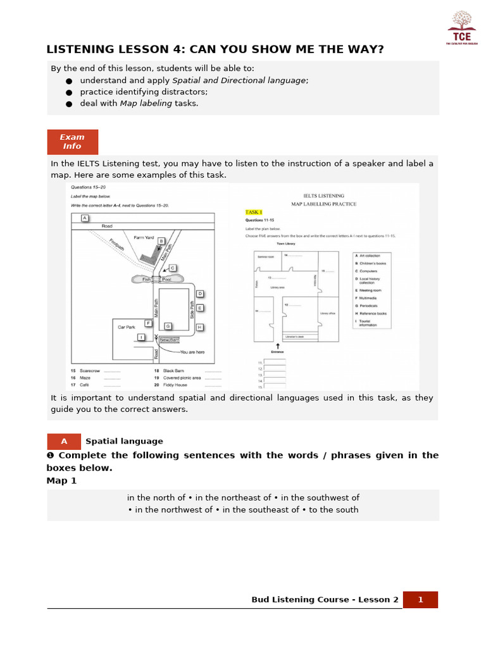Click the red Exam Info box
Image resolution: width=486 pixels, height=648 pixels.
click(72, 142)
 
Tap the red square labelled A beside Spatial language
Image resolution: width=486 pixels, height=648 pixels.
click(64, 442)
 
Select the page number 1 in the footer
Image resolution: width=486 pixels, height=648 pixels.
click(420, 600)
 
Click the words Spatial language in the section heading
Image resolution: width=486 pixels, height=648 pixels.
click(124, 442)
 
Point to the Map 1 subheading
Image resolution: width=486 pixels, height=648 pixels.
click(61, 481)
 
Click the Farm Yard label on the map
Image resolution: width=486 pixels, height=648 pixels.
click(144, 238)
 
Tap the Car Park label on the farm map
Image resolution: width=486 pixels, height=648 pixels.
click(127, 327)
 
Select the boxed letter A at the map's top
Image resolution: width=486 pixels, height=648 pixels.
click(84, 218)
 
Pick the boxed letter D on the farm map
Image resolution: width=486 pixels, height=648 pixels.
click(199, 294)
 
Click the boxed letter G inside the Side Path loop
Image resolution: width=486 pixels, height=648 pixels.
click(168, 326)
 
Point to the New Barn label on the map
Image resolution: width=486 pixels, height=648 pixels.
click(170, 340)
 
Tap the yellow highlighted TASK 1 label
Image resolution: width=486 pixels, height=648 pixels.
click(254, 212)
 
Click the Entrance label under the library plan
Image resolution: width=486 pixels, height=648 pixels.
click(277, 352)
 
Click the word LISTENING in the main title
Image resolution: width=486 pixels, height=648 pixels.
click(79, 50)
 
